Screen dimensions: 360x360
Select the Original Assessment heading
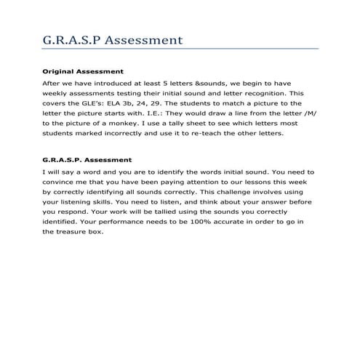(82, 72)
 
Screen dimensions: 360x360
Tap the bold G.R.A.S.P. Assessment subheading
(87, 159)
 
